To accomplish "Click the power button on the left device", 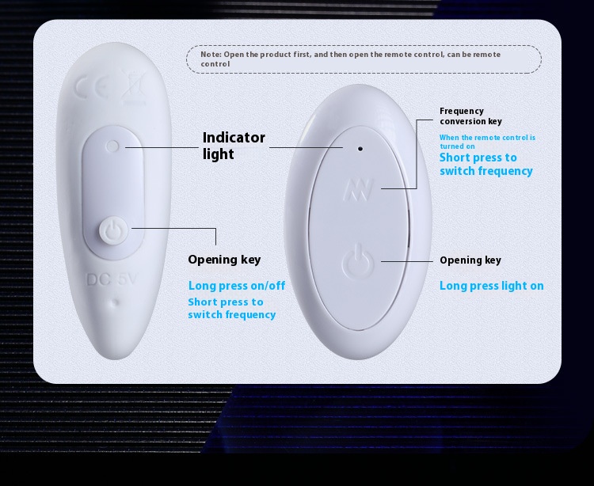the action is point(113,230).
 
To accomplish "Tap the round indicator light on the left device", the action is point(113,146).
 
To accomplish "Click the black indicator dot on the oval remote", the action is point(360,149).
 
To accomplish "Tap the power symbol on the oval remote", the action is point(358,261).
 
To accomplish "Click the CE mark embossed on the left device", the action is point(92,88).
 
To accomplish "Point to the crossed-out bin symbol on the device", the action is point(134,88).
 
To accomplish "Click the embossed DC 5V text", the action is point(112,279).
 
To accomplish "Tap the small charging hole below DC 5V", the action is point(116,302).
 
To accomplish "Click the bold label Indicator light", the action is point(234,146).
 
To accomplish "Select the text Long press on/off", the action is point(237,286).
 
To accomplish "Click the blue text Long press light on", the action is point(491,286).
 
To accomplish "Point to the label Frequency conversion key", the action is point(470,116).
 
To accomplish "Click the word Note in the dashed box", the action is point(210,54).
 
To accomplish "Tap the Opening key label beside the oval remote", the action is point(470,260).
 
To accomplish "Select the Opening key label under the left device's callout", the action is point(224,260).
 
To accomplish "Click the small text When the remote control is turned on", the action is point(488,142).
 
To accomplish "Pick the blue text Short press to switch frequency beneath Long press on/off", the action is point(232,308).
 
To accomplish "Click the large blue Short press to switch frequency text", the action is point(486,165).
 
